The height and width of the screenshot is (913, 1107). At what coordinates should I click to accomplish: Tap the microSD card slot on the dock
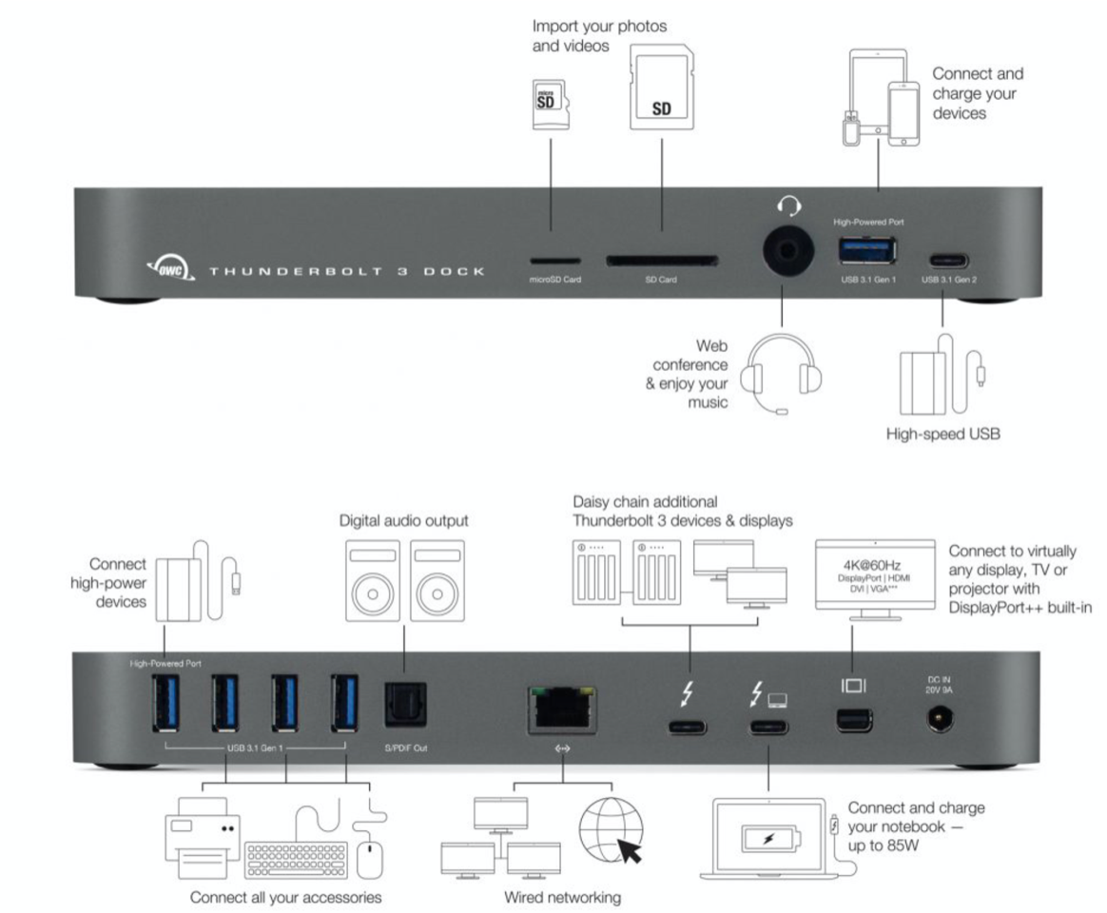coord(554,259)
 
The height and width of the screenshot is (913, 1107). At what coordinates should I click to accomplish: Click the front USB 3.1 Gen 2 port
coord(941,258)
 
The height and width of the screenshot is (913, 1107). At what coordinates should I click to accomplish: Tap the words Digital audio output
coord(404,520)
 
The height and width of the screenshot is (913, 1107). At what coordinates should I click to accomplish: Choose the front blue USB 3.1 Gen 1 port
coord(864,249)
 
